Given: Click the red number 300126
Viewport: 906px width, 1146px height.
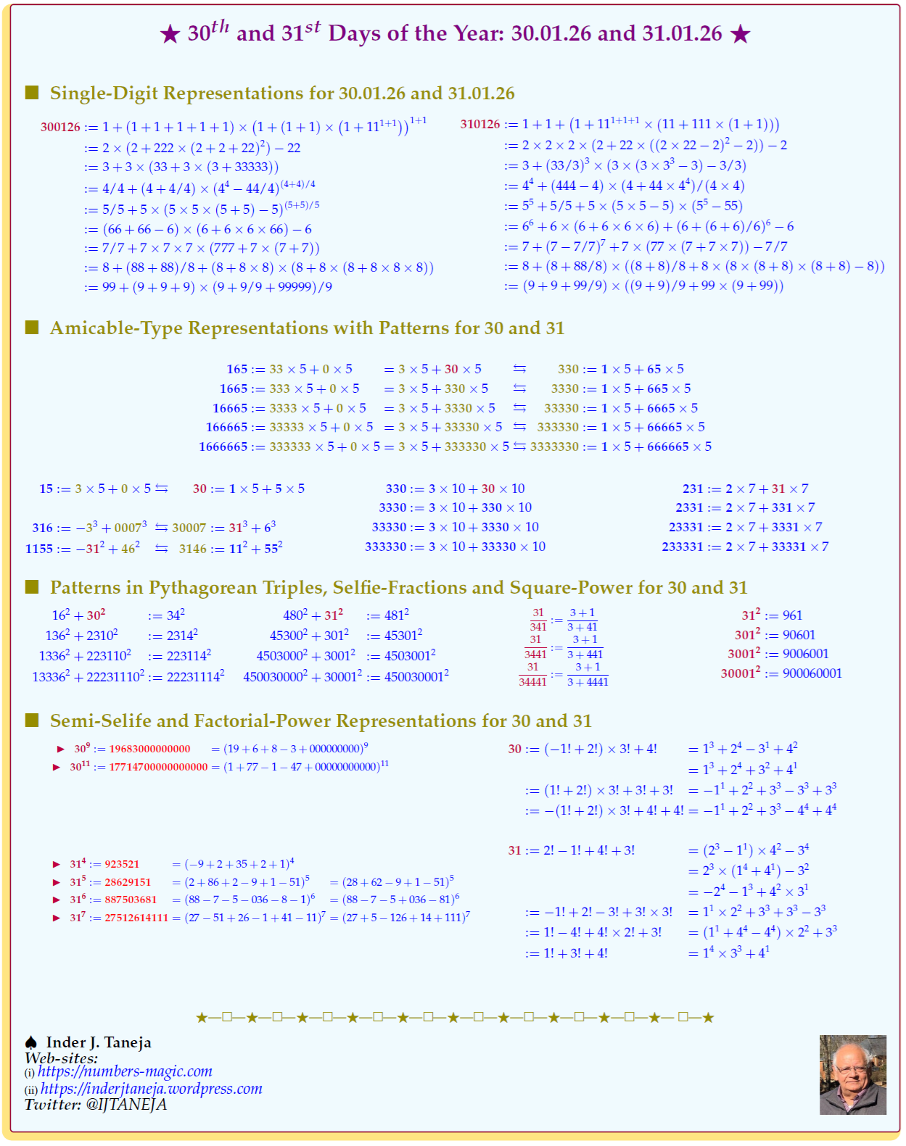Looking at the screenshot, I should [60, 128].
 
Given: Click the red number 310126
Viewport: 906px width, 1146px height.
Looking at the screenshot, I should [480, 125].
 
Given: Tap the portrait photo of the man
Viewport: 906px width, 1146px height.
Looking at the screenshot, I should [852, 1074].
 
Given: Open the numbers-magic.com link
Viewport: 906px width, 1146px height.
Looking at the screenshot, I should [125, 1071].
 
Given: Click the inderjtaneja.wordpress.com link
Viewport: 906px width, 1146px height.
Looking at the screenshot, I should [151, 1089].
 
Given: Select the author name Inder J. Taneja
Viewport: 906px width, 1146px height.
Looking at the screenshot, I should [99, 1042].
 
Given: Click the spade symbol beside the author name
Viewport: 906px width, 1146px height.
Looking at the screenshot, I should [31, 1042].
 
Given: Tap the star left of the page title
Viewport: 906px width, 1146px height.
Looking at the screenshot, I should [170, 34].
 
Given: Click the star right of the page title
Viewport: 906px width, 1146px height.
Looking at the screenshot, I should [741, 34].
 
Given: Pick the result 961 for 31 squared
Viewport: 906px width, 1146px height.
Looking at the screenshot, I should [792, 615].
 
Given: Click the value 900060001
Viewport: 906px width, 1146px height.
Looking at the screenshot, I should [812, 673].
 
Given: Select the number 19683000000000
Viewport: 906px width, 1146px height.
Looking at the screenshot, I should [149, 749].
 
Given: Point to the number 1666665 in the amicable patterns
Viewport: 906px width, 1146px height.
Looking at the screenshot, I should [223, 447].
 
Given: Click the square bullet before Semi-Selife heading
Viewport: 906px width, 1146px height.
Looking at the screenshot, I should [32, 720].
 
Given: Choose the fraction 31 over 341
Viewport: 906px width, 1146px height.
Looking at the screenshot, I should [538, 620].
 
